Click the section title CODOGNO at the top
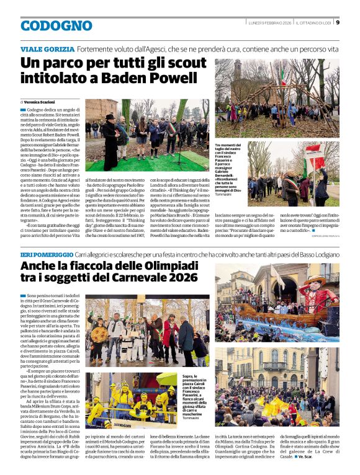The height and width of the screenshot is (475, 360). click(56, 26)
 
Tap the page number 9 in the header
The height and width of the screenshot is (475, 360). click(337, 23)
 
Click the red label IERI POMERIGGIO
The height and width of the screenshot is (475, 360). click(47, 254)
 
